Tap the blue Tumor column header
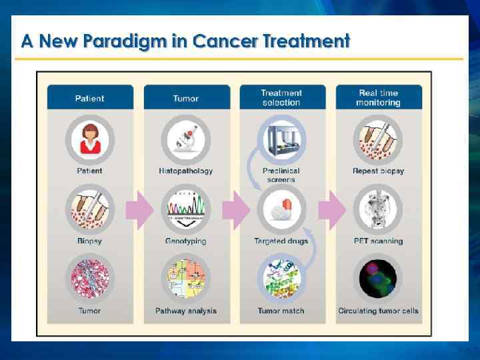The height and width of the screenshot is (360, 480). [x=185, y=98]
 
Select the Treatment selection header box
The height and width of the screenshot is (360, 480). [x=281, y=97]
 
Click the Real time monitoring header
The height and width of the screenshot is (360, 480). [x=378, y=97]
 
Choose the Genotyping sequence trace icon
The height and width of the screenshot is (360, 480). [x=185, y=209]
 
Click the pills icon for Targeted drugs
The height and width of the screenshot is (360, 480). [x=282, y=209]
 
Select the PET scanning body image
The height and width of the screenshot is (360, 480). [x=378, y=209]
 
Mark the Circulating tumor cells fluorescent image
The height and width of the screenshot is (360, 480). [x=378, y=279]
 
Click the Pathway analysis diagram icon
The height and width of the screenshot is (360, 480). [x=185, y=279]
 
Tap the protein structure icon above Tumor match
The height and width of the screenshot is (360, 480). [x=282, y=279]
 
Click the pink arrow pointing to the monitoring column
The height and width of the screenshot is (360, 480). [x=331, y=209]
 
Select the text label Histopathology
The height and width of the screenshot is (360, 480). [x=186, y=171]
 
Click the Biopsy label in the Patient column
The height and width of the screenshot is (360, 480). [x=89, y=241]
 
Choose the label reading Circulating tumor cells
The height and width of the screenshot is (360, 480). [x=378, y=311]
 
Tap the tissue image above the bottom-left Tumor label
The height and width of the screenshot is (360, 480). [x=89, y=279]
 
